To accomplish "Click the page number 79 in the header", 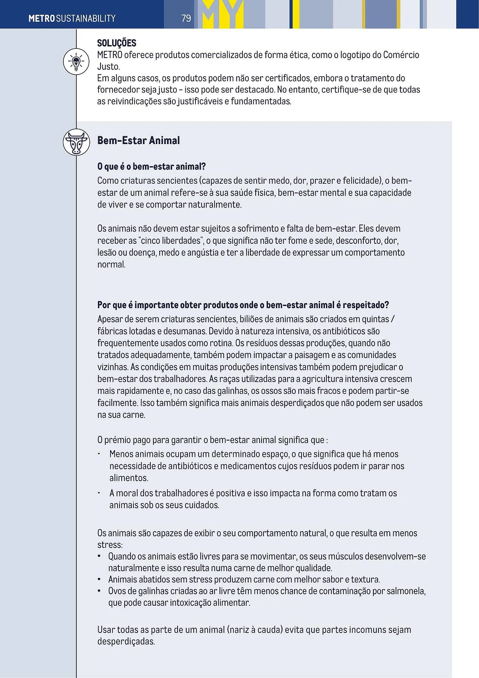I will (x=186, y=18).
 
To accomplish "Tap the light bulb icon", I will (x=76, y=62).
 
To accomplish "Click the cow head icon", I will (x=76, y=142).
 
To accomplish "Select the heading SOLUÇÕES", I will (x=117, y=43).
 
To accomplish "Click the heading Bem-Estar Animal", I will (x=138, y=140).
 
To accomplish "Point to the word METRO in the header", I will (x=42, y=18).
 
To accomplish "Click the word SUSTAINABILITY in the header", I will (x=86, y=18).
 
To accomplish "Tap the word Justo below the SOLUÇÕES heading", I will (x=108, y=66).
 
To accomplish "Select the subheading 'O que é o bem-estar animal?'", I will (x=151, y=166).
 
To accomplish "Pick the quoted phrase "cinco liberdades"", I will (x=171, y=240).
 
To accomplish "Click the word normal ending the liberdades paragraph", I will (x=111, y=264).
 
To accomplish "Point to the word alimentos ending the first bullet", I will (x=128, y=478).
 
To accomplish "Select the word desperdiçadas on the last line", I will (x=126, y=641).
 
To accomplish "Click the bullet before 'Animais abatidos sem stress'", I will (x=99, y=579).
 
